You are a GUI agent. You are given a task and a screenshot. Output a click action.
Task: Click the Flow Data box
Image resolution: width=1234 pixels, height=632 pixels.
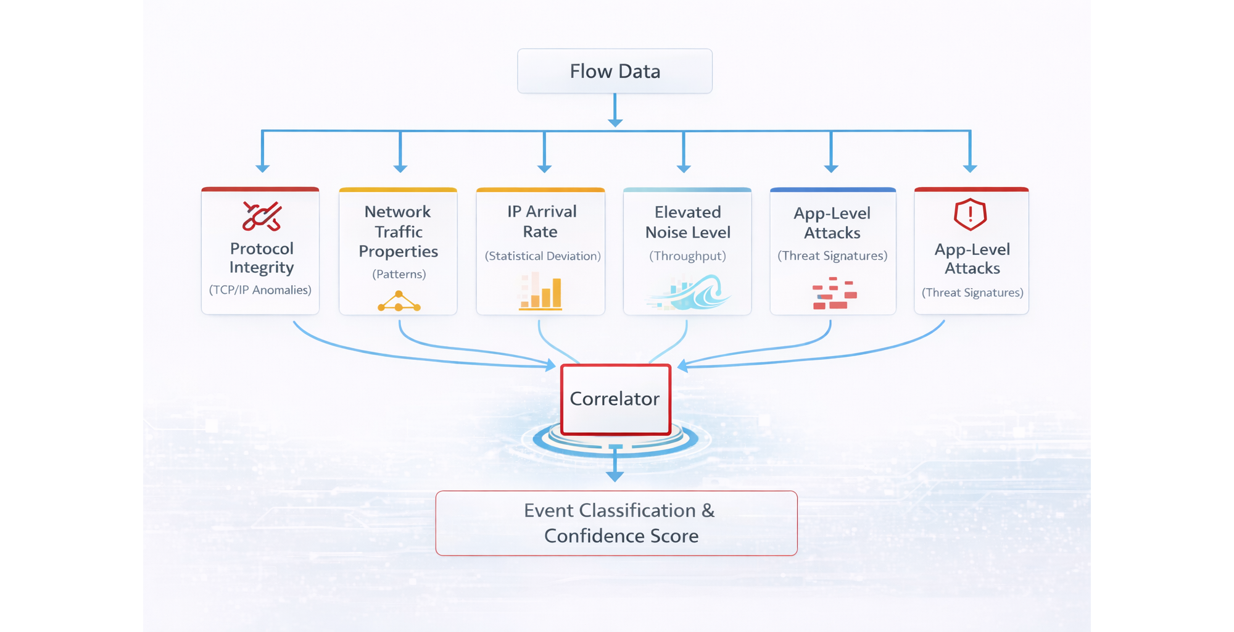pyautogui.click(x=615, y=72)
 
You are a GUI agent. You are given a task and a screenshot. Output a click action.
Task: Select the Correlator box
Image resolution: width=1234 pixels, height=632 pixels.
pyautogui.click(x=615, y=399)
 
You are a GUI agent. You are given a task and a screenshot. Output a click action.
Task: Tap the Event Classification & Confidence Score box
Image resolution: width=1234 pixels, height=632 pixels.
pyautogui.click(x=616, y=523)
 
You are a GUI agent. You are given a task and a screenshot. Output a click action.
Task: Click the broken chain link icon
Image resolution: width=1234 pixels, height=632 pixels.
pyautogui.click(x=262, y=216)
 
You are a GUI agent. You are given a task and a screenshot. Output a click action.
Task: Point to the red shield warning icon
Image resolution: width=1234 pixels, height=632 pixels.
pyautogui.click(x=970, y=214)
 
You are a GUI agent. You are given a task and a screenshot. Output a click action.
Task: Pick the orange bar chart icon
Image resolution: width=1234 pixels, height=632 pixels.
pyautogui.click(x=540, y=292)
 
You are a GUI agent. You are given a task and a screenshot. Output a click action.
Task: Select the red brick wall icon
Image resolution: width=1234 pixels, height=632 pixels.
pyautogui.click(x=834, y=294)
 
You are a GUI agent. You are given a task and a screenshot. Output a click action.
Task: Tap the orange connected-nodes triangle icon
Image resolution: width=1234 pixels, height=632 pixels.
pyautogui.click(x=399, y=302)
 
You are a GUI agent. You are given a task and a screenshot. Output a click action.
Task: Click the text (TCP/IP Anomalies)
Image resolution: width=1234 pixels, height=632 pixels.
pyautogui.click(x=260, y=290)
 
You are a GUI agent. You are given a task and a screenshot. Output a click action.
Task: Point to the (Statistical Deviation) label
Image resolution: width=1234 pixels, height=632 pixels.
pyautogui.click(x=542, y=256)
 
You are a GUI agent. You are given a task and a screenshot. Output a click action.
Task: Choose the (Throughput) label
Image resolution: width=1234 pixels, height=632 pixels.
pyautogui.click(x=687, y=256)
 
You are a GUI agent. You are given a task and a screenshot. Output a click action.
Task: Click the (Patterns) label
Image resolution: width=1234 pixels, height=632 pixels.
pyautogui.click(x=399, y=274)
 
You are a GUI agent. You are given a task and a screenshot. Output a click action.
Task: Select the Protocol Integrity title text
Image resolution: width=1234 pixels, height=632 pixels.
pyautogui.click(x=262, y=258)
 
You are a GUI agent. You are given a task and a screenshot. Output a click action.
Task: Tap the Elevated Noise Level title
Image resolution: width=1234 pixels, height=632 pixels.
pyautogui.click(x=687, y=222)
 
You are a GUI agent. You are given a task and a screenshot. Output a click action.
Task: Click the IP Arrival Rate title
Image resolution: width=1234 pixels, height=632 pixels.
pyautogui.click(x=541, y=222)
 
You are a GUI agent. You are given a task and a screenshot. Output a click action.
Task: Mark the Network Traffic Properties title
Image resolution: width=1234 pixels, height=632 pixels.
pyautogui.click(x=398, y=231)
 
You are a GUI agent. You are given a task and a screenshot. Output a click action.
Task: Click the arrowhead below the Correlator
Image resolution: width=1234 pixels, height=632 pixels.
pyautogui.click(x=615, y=476)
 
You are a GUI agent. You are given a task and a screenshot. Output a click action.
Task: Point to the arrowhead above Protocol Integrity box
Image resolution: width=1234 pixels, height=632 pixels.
pyautogui.click(x=262, y=168)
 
